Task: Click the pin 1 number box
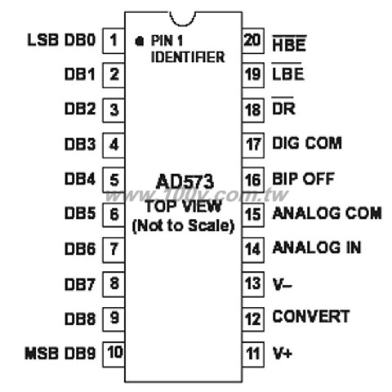114,41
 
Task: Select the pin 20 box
253,41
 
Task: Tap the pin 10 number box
114,354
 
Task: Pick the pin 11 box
253,354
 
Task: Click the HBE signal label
289,43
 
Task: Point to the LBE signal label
288,72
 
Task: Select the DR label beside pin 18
283,107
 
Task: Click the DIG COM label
307,143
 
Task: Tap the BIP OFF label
303,179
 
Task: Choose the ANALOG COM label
327,213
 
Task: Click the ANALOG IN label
317,247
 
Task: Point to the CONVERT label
311,317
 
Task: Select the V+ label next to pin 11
283,353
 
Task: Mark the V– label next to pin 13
283,284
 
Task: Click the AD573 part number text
185,182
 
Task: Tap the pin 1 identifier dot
140,41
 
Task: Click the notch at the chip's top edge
183,19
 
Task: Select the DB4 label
80,179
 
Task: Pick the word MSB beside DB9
42,353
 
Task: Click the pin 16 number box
253,180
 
